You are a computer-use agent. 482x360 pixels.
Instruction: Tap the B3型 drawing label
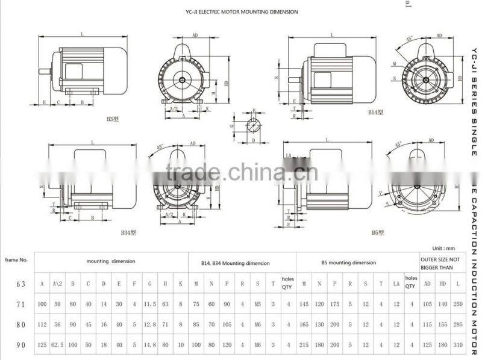click(113, 119)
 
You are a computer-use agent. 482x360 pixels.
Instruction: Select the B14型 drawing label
click(377, 113)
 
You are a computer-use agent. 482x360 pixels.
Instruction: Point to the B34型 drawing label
click(128, 232)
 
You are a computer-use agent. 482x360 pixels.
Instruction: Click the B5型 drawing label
click(378, 232)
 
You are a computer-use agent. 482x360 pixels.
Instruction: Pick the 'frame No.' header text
click(16, 259)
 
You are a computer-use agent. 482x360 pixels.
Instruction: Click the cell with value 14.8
click(151, 346)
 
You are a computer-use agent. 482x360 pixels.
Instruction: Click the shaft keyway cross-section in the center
click(252, 126)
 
